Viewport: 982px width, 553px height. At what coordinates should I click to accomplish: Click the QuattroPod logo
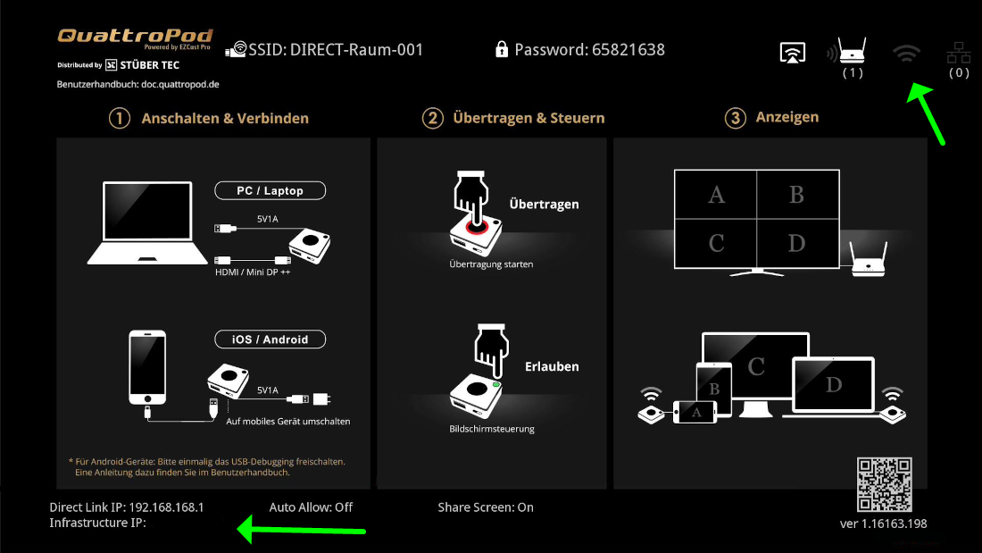136,38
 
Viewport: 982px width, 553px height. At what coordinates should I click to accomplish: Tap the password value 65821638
628,49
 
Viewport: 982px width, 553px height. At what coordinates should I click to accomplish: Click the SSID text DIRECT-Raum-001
356,49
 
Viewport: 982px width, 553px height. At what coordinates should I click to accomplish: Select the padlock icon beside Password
501,49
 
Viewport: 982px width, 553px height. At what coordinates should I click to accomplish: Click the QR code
885,485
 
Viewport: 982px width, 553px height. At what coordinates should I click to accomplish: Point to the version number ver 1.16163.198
883,524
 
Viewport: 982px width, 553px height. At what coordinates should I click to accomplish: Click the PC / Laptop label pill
270,190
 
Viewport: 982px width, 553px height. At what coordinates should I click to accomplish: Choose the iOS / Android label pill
270,339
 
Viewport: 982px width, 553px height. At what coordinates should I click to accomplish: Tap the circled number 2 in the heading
432,118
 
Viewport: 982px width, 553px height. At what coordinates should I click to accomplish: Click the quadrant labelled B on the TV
797,195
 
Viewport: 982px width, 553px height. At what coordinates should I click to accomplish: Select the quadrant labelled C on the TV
716,243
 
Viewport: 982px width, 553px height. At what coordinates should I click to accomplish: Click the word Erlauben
552,366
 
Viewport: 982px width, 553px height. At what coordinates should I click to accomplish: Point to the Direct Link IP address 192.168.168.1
167,507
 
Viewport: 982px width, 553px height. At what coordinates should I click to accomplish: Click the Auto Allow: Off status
311,507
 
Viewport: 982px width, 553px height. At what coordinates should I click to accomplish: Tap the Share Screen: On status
486,507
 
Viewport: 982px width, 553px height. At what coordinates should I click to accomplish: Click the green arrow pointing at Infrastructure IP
301,531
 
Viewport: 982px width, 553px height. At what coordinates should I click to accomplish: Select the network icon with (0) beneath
959,53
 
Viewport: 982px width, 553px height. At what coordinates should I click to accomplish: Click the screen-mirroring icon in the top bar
792,53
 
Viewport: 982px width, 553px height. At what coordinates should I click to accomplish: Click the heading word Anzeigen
787,117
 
